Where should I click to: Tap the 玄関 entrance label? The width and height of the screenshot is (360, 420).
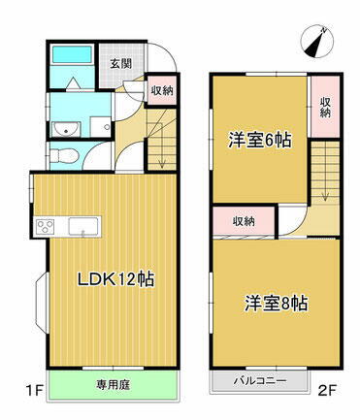click(x=120, y=64)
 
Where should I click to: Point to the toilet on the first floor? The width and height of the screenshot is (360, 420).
click(x=63, y=155)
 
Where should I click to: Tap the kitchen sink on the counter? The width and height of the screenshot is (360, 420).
click(x=81, y=227)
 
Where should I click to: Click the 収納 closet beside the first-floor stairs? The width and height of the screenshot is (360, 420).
click(x=162, y=92)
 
